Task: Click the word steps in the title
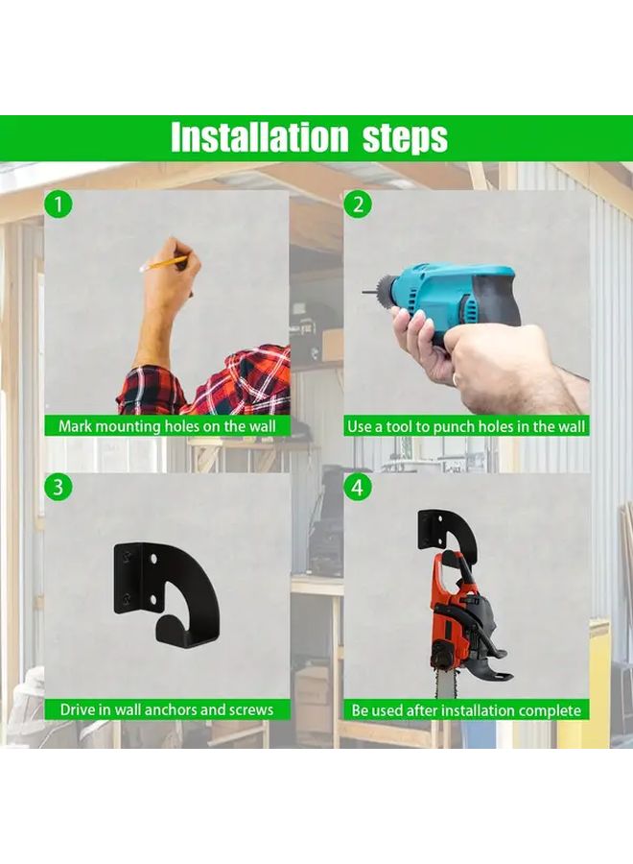[x=405, y=138]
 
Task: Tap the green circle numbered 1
[x=59, y=204]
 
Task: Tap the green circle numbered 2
[x=358, y=204]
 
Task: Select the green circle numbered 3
[x=59, y=487]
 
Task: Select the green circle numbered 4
[x=358, y=487]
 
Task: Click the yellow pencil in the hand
[x=164, y=263]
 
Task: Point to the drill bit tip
[x=365, y=292]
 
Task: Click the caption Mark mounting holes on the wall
[x=167, y=425]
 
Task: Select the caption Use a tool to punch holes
[x=467, y=425]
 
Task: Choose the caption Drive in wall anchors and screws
[x=167, y=709]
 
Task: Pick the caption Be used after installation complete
[x=467, y=709]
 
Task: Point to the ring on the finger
[x=455, y=379]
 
